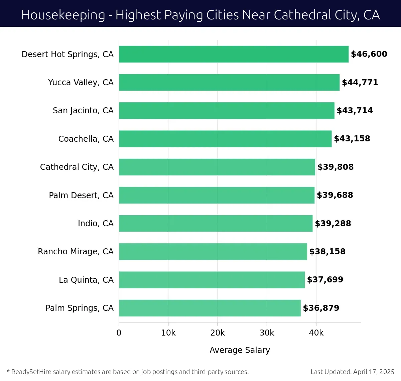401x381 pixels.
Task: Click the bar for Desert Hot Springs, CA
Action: [x=234, y=54]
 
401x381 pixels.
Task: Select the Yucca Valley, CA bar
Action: [x=229, y=83]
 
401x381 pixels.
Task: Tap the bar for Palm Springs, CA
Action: [x=210, y=308]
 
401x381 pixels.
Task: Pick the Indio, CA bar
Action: [x=216, y=223]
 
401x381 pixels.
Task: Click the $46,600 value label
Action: [x=369, y=54]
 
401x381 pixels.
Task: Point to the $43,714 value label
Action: [x=355, y=111]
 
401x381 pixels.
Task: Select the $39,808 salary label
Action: [x=335, y=167]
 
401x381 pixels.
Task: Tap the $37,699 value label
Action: [x=325, y=280]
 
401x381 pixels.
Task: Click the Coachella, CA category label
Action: [x=86, y=139]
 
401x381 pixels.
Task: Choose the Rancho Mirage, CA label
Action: [x=76, y=252]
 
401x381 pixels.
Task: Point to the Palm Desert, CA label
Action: [x=81, y=195]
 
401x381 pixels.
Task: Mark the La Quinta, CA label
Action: [x=86, y=280]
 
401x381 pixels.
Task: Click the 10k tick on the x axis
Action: [x=168, y=333]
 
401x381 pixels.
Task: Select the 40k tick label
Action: [x=316, y=333]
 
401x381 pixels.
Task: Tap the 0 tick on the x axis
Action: [x=119, y=333]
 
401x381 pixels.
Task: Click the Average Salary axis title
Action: [x=240, y=350]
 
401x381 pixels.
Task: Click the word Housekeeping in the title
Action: [x=63, y=15]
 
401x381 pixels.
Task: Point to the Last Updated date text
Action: [x=352, y=372]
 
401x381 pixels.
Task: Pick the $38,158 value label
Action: [x=327, y=252]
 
